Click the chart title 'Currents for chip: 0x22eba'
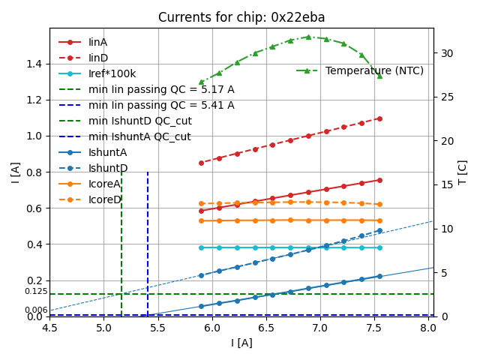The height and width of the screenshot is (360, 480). tap(241, 17)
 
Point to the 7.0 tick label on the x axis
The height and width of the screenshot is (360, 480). tap(320, 328)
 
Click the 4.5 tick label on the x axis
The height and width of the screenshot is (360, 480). tap(49, 328)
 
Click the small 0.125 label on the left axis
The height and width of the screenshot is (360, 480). tap(36, 292)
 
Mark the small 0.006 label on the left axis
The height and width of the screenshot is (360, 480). tap(36, 310)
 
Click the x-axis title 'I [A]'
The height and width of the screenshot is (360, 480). tap(241, 343)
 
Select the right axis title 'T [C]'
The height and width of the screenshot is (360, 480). tap(462, 172)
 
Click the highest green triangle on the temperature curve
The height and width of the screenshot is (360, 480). tap(308, 37)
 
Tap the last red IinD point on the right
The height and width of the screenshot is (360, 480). tap(379, 118)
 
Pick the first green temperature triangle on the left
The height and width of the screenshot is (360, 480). tap(201, 82)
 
